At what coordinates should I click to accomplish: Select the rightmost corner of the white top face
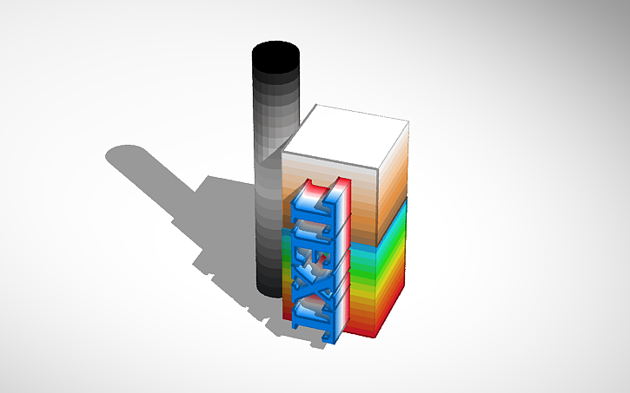tap(408, 121)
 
